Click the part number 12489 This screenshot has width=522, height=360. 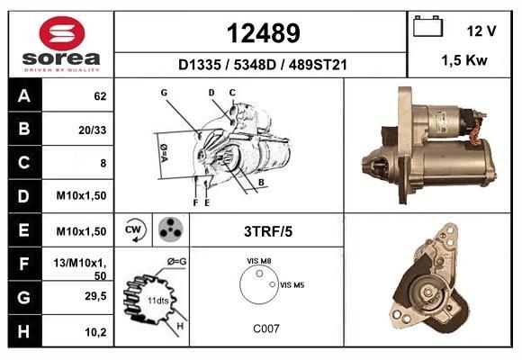coord(262,33)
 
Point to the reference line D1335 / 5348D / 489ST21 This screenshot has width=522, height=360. coord(262,65)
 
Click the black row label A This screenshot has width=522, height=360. coord(23,94)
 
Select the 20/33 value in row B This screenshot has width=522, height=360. coord(94,129)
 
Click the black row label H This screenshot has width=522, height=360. coord(23,332)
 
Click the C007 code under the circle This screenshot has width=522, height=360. coord(266,328)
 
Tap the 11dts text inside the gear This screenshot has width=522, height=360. coord(158,300)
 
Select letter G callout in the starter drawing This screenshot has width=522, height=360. coord(165,93)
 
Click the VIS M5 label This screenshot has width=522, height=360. coord(293,285)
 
